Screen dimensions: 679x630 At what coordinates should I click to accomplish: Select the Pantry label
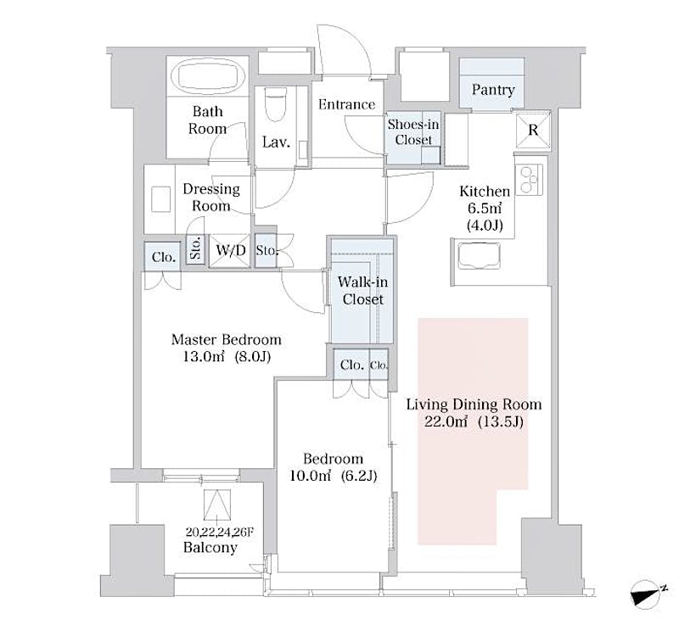pyautogui.click(x=493, y=90)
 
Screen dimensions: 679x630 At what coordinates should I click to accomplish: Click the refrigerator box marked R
pyautogui.click(x=533, y=130)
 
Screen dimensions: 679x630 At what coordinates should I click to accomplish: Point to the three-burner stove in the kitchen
pyautogui.click(x=529, y=179)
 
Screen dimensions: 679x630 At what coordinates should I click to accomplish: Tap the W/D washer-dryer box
pyautogui.click(x=230, y=250)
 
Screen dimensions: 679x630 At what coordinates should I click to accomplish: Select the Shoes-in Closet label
pyautogui.click(x=413, y=132)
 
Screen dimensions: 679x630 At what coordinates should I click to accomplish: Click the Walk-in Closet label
pyautogui.click(x=362, y=290)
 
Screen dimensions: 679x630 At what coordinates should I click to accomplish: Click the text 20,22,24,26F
pyautogui.click(x=219, y=532)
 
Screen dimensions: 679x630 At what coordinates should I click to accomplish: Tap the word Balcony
pyautogui.click(x=210, y=548)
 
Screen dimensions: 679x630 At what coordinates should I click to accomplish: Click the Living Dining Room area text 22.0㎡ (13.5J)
pyautogui.click(x=474, y=421)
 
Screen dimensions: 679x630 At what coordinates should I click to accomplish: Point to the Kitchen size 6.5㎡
pyautogui.click(x=484, y=208)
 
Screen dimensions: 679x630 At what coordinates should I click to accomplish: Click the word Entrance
pyautogui.click(x=346, y=104)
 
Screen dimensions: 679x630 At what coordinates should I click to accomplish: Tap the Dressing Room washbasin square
pyautogui.click(x=160, y=199)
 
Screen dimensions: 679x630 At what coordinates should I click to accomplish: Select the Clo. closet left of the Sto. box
pyautogui.click(x=163, y=257)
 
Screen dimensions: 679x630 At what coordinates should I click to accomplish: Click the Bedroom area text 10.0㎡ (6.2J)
pyautogui.click(x=333, y=476)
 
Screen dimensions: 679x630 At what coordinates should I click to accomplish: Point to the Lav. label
pyautogui.click(x=276, y=142)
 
